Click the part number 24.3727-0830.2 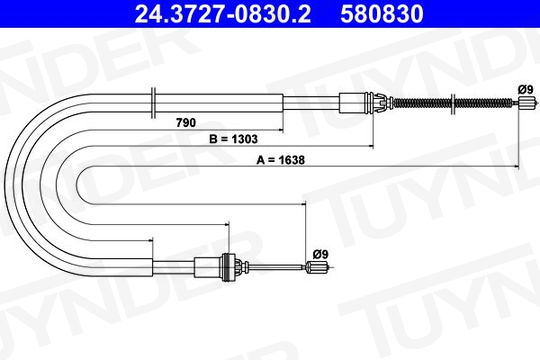223,14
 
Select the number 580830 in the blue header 382,14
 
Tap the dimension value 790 186,123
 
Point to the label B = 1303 233,139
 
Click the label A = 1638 280,160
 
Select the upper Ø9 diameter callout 525,90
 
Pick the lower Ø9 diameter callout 321,254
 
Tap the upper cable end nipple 527,103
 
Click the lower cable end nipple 318,267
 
